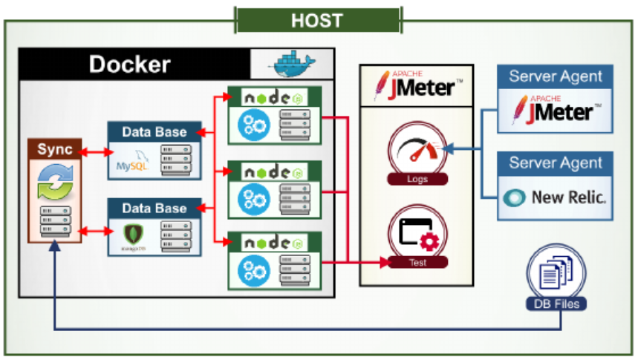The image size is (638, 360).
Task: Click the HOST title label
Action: click(317, 20)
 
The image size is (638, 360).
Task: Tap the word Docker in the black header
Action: click(129, 64)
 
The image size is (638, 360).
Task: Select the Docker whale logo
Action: click(290, 65)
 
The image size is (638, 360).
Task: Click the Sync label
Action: click(55, 149)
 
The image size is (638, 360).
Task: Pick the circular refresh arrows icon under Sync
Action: click(55, 183)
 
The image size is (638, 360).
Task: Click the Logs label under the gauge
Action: click(417, 179)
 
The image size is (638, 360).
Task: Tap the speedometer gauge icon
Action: click(418, 152)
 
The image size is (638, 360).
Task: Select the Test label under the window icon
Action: click(417, 262)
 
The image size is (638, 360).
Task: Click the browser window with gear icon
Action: click(417, 234)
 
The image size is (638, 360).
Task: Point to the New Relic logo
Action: click(555, 198)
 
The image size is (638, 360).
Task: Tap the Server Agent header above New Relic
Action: click(556, 163)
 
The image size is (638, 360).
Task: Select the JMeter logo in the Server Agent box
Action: click(556, 110)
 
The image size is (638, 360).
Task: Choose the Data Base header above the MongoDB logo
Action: click(154, 209)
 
